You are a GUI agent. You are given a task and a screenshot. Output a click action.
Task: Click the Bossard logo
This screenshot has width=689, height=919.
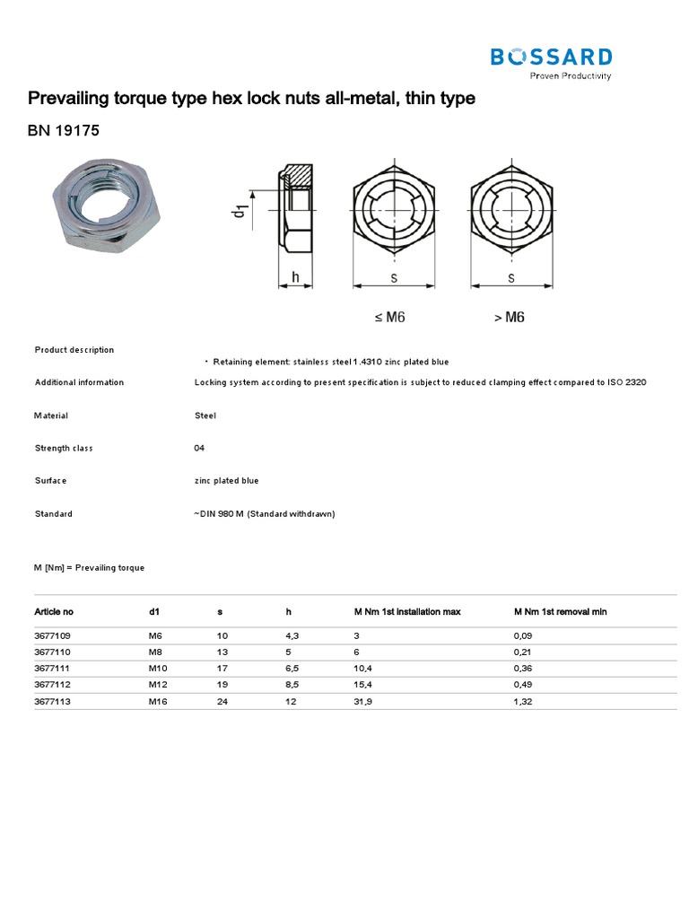point(551,60)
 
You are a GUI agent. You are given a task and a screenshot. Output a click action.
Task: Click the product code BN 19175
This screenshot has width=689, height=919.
point(64,131)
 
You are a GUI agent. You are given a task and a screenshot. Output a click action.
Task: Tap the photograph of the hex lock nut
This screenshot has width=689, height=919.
point(112,201)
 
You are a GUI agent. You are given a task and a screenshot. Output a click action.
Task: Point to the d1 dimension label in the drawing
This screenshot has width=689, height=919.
point(240,212)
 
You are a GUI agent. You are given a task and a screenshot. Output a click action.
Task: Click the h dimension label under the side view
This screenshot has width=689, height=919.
point(295,278)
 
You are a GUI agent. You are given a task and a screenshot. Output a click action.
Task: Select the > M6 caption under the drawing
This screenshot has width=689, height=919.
point(510,317)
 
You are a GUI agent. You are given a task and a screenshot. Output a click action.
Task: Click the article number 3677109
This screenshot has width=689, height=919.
point(53,635)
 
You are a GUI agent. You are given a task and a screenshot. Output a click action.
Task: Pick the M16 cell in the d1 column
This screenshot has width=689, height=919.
point(158,701)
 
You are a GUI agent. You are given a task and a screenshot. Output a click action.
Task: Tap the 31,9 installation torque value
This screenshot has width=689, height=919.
point(363,701)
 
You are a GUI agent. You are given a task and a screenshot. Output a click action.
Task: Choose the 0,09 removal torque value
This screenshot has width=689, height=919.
point(523,635)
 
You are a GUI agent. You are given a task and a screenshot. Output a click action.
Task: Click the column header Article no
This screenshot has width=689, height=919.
point(54,611)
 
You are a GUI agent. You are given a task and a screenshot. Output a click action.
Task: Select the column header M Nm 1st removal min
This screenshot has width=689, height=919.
point(560,611)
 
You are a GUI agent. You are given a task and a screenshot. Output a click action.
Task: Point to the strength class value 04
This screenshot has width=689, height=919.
point(199,448)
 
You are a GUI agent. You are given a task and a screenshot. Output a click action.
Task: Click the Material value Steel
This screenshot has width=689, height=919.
point(205,416)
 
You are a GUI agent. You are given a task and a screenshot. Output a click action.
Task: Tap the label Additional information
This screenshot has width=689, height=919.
point(79,382)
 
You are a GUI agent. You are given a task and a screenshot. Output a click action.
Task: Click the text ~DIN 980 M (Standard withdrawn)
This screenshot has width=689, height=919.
point(264,514)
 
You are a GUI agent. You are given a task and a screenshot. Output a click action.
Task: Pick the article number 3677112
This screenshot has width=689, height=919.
point(53,685)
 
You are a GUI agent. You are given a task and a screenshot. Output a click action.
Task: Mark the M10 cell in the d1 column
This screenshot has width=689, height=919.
point(158,669)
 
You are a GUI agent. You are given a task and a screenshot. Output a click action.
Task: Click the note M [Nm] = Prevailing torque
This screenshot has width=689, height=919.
point(89,568)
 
